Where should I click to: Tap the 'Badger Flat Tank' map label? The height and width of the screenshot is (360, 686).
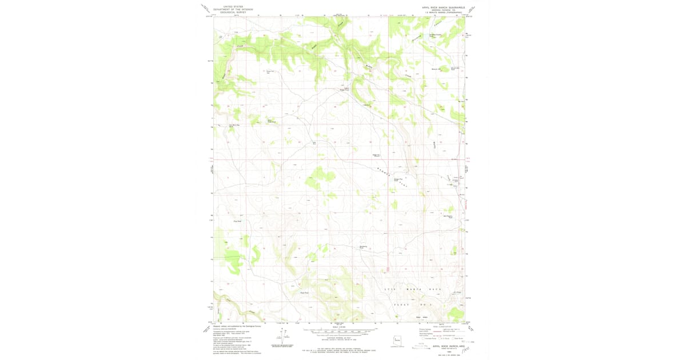click(398, 180)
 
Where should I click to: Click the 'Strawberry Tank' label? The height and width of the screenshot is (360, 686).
click(362, 247)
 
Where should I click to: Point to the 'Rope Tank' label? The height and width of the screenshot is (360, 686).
click(305, 293)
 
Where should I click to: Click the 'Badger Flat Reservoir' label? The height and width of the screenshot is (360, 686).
click(377, 154)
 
